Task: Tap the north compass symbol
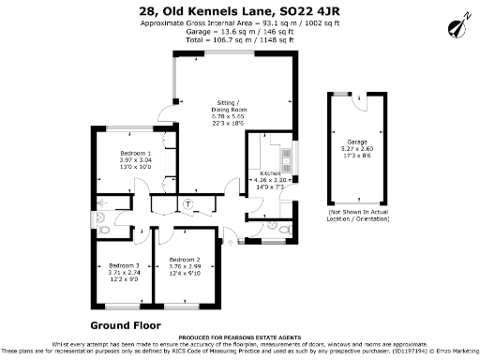click(x=459, y=22)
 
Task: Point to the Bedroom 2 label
click(x=185, y=259)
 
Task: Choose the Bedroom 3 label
click(x=124, y=265)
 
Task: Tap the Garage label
click(x=357, y=142)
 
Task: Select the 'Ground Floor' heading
click(x=126, y=325)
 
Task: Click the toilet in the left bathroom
click(x=104, y=226)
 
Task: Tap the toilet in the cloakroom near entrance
click(x=273, y=225)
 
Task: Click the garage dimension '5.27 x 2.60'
click(x=357, y=148)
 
